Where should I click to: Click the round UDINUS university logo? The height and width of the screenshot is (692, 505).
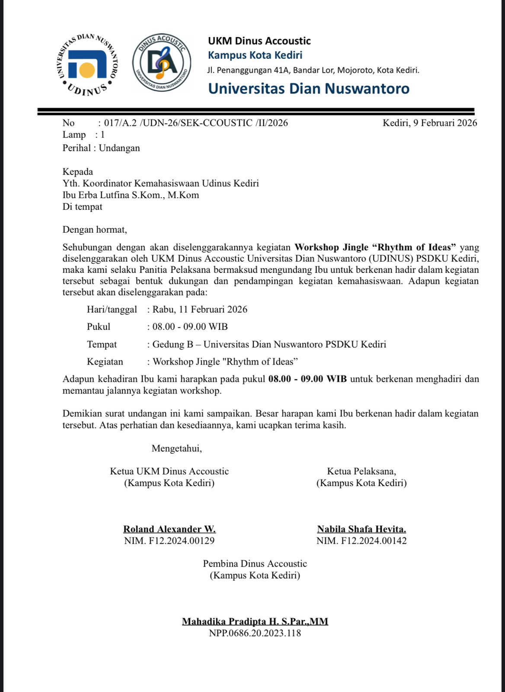click(x=88, y=64)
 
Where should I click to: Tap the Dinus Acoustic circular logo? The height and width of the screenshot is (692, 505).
click(x=162, y=63)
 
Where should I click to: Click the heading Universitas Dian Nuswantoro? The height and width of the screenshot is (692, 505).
click(x=308, y=89)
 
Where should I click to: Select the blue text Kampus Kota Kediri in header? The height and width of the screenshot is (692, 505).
click(x=255, y=55)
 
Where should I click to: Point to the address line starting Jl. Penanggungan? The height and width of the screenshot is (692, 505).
click(x=313, y=70)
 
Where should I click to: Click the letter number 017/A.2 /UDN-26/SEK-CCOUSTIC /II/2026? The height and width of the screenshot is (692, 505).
click(x=196, y=123)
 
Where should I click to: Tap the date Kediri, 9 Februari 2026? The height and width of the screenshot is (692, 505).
click(x=429, y=123)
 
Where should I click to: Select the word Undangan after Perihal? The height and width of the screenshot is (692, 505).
click(x=119, y=148)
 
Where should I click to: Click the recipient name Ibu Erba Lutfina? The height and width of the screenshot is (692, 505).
click(x=131, y=195)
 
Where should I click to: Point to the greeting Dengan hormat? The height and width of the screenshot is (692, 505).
click(x=95, y=230)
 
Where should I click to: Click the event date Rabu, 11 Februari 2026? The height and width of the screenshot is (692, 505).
click(x=200, y=309)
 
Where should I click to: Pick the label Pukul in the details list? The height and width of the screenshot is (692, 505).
click(x=99, y=327)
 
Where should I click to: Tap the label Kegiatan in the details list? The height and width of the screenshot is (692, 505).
click(x=105, y=362)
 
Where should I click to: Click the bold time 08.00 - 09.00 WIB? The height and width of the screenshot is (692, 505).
click(x=307, y=379)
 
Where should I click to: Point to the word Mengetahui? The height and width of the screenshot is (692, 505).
click(x=176, y=449)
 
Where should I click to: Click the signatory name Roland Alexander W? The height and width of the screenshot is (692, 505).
click(x=169, y=529)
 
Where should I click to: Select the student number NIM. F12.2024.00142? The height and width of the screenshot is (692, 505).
click(x=361, y=541)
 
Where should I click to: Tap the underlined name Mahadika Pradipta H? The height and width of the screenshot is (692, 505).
click(x=230, y=622)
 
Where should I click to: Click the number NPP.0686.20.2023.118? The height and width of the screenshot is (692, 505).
click(x=255, y=633)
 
